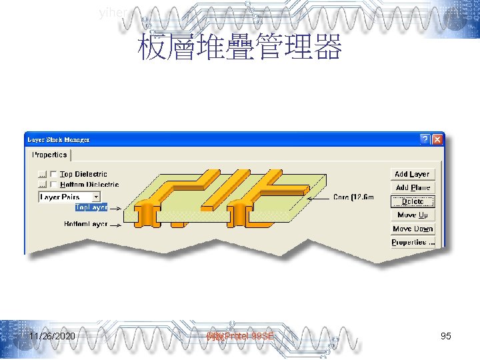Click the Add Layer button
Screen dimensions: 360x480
point(412,174)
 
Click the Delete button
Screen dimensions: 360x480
point(412,201)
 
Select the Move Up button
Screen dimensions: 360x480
point(412,215)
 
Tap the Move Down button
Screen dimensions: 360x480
point(412,229)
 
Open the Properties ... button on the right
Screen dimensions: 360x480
point(412,243)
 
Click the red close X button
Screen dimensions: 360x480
point(437,139)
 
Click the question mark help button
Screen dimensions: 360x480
point(425,139)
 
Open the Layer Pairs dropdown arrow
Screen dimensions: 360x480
point(96,197)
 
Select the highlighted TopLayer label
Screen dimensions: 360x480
point(91,207)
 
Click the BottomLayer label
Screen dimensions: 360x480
point(85,224)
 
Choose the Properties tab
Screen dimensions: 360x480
point(50,155)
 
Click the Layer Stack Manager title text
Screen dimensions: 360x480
point(59,139)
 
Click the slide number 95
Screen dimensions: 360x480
point(446,336)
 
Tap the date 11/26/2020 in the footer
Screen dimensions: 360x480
point(52,336)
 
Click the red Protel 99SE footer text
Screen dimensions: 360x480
point(241,336)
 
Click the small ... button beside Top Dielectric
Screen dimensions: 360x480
point(42,174)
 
